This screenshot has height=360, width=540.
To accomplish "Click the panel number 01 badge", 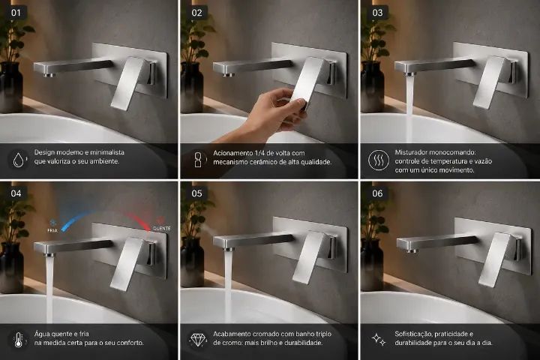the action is [16, 13].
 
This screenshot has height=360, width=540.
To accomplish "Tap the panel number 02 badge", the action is [196, 13].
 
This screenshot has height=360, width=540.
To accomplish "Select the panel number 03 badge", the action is [377, 13].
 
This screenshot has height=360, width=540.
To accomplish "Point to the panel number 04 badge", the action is [16, 193].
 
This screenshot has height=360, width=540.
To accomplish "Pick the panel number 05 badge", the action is [196, 193].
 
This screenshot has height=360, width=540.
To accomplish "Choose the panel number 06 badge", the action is [377, 193].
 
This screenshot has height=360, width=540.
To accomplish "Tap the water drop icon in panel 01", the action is [19, 160].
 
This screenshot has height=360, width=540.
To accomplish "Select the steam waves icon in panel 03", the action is [379, 160].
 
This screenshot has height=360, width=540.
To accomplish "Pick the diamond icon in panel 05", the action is [198, 339].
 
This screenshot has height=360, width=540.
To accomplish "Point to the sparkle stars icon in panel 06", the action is [379, 339].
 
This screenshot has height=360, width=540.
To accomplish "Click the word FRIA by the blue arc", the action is [52, 230].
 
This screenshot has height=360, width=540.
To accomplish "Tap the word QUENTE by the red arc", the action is [161, 229].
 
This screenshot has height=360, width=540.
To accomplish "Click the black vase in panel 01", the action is [10, 88].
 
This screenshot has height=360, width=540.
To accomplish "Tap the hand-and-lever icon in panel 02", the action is [198, 160].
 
